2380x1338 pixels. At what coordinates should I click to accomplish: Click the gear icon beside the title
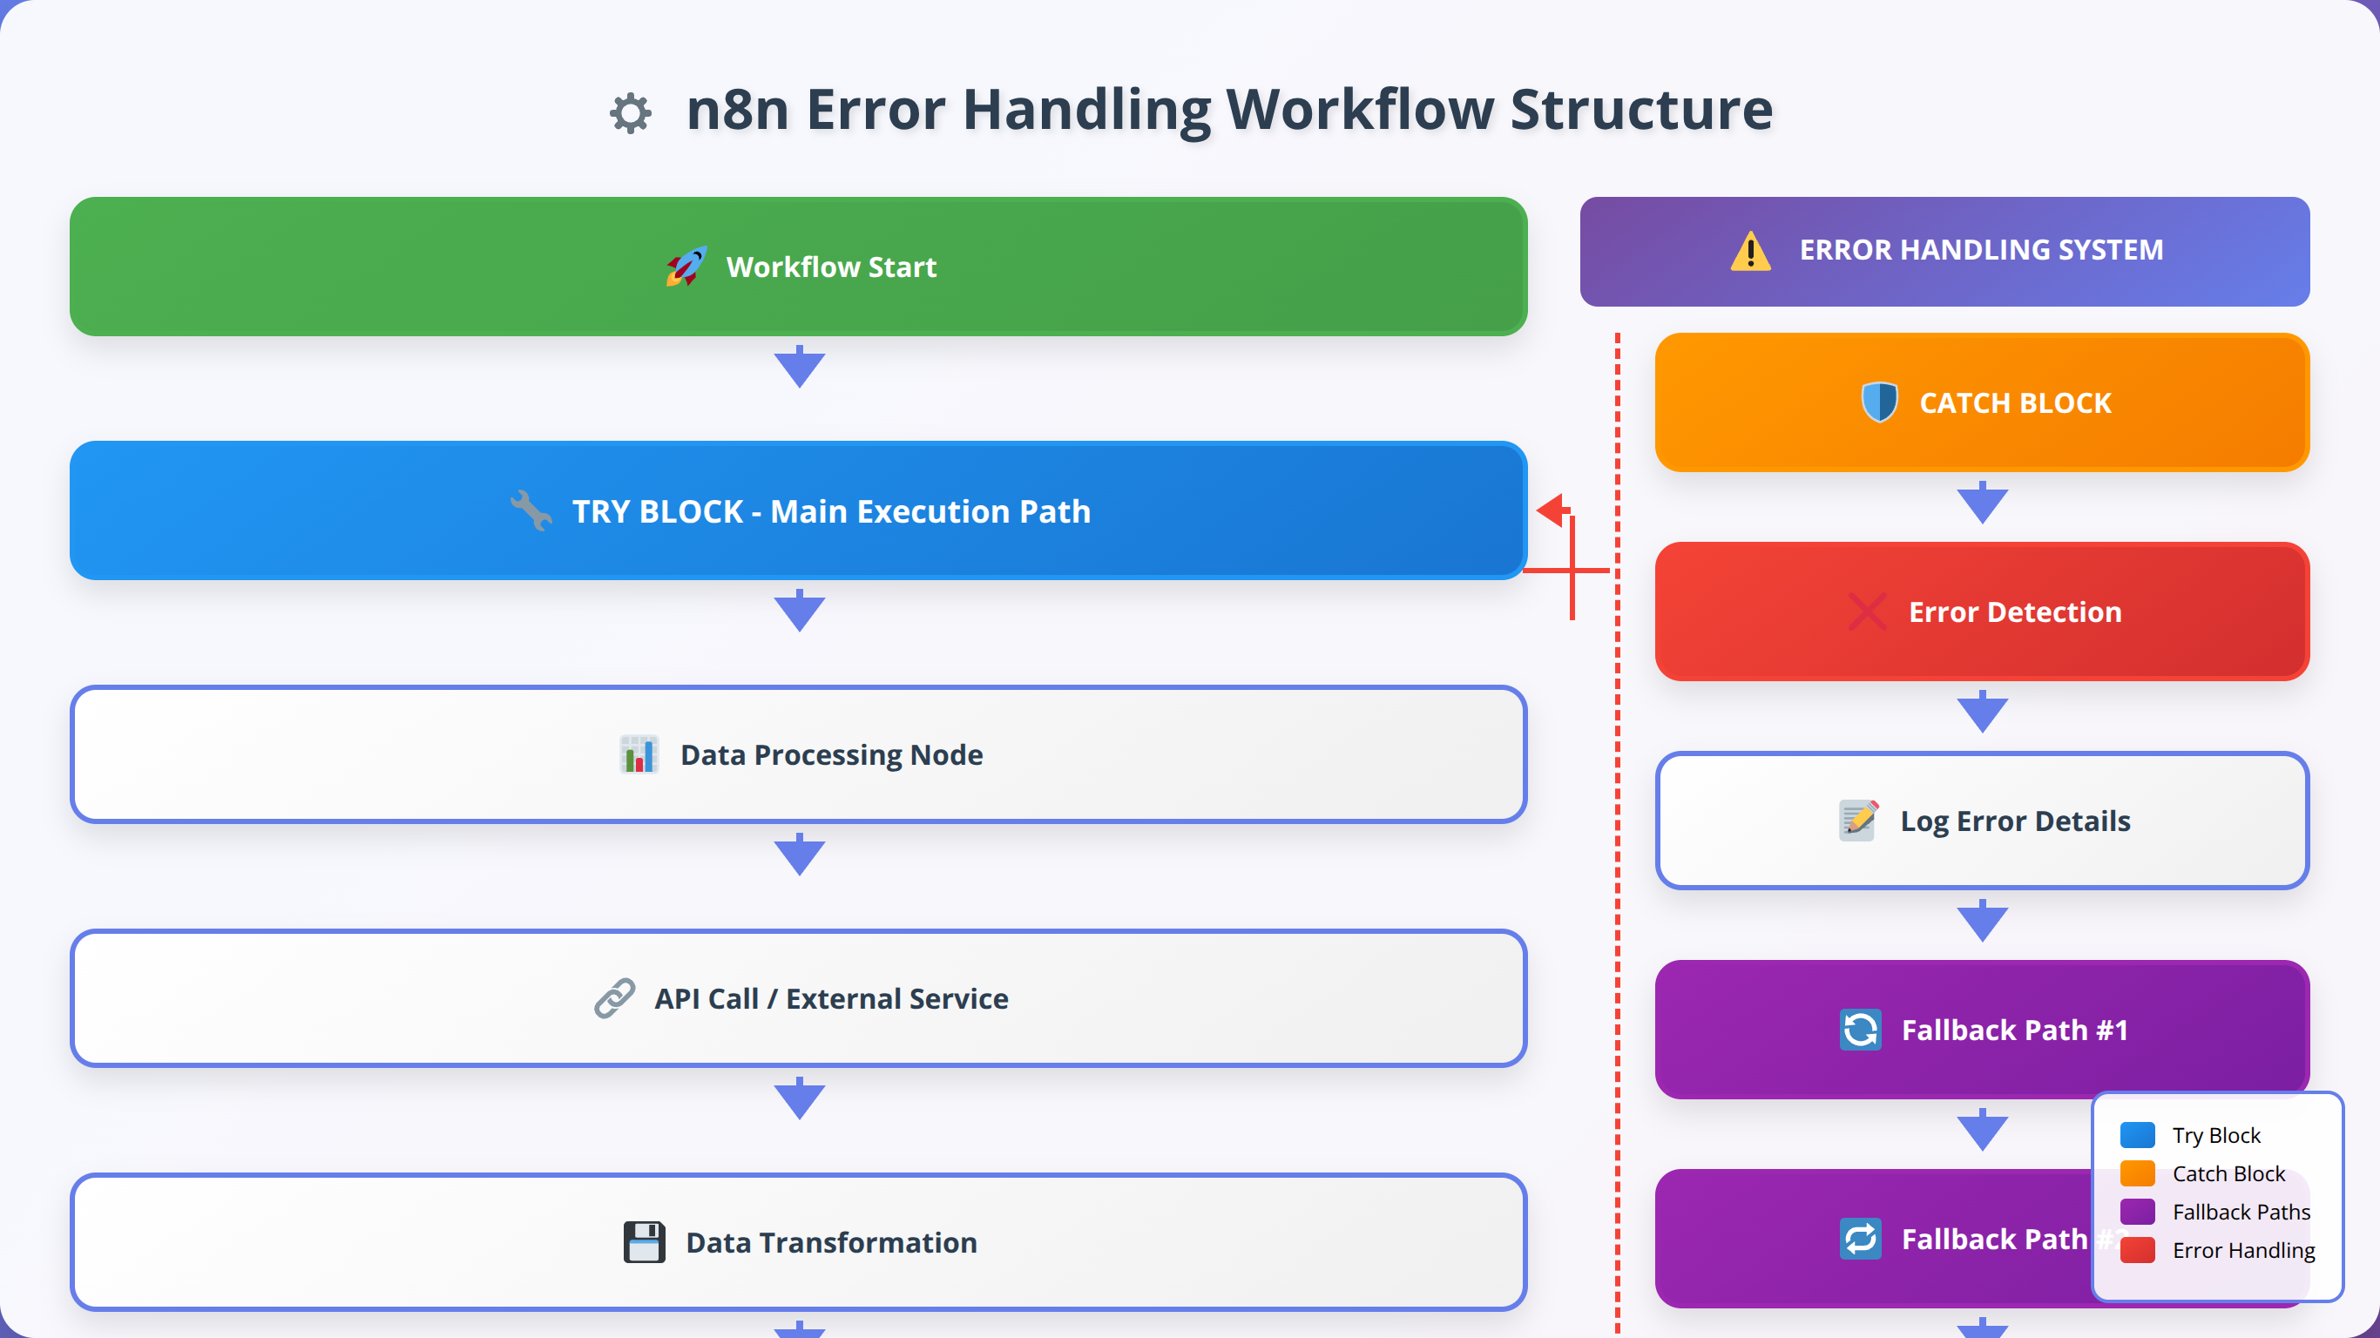[631, 112]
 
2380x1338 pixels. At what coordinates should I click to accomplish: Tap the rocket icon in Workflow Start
[686, 267]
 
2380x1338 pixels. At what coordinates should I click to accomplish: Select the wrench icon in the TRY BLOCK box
[531, 510]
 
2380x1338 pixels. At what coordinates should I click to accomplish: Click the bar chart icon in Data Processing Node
[639, 754]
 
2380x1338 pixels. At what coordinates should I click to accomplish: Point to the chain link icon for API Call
[614, 998]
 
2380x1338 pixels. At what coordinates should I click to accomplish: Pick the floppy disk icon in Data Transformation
[644, 1242]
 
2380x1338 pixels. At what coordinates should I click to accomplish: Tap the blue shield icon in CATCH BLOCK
[1879, 402]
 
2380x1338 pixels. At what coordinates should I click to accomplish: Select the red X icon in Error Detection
[1867, 612]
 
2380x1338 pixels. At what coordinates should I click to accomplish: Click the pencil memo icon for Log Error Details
[1858, 821]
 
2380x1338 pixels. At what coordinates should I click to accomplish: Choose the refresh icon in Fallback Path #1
[1860, 1030]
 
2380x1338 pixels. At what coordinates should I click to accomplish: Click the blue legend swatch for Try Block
[2137, 1135]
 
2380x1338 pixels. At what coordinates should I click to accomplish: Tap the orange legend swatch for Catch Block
[2137, 1173]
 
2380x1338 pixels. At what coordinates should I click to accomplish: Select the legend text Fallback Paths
[2241, 1212]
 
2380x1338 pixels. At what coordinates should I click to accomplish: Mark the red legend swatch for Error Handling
[2137, 1250]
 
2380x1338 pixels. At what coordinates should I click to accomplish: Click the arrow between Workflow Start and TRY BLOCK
[799, 367]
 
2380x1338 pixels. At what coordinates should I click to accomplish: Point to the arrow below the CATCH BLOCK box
[1982, 503]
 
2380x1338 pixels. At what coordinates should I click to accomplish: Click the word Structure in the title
[1641, 109]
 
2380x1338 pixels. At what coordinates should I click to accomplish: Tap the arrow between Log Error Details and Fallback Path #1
[1982, 922]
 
